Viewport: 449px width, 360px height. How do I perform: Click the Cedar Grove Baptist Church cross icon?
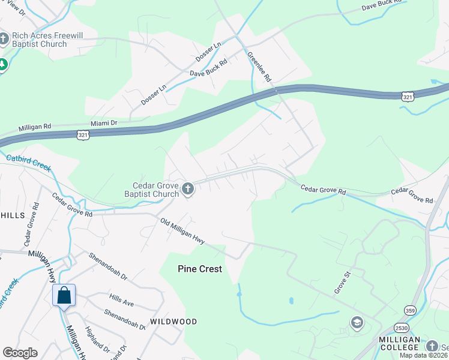pyautogui.click(x=188, y=190)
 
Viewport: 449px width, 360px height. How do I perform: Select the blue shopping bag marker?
pyautogui.click(x=64, y=296)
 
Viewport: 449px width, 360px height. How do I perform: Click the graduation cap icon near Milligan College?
pyautogui.click(x=357, y=323)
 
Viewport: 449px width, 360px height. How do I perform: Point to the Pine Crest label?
pyautogui.click(x=200, y=269)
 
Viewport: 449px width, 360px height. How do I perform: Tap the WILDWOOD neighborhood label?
pyautogui.click(x=173, y=322)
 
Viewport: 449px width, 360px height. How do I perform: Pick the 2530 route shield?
pyautogui.click(x=402, y=326)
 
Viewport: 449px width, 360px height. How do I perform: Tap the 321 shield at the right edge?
pyautogui.click(x=408, y=96)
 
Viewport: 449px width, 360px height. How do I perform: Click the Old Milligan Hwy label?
pyautogui.click(x=183, y=231)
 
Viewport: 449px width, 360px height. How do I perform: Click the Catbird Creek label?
pyautogui.click(x=28, y=163)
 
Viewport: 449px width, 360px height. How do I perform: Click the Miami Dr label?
pyautogui.click(x=103, y=122)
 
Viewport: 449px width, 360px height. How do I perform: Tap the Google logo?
pyautogui.click(x=20, y=353)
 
